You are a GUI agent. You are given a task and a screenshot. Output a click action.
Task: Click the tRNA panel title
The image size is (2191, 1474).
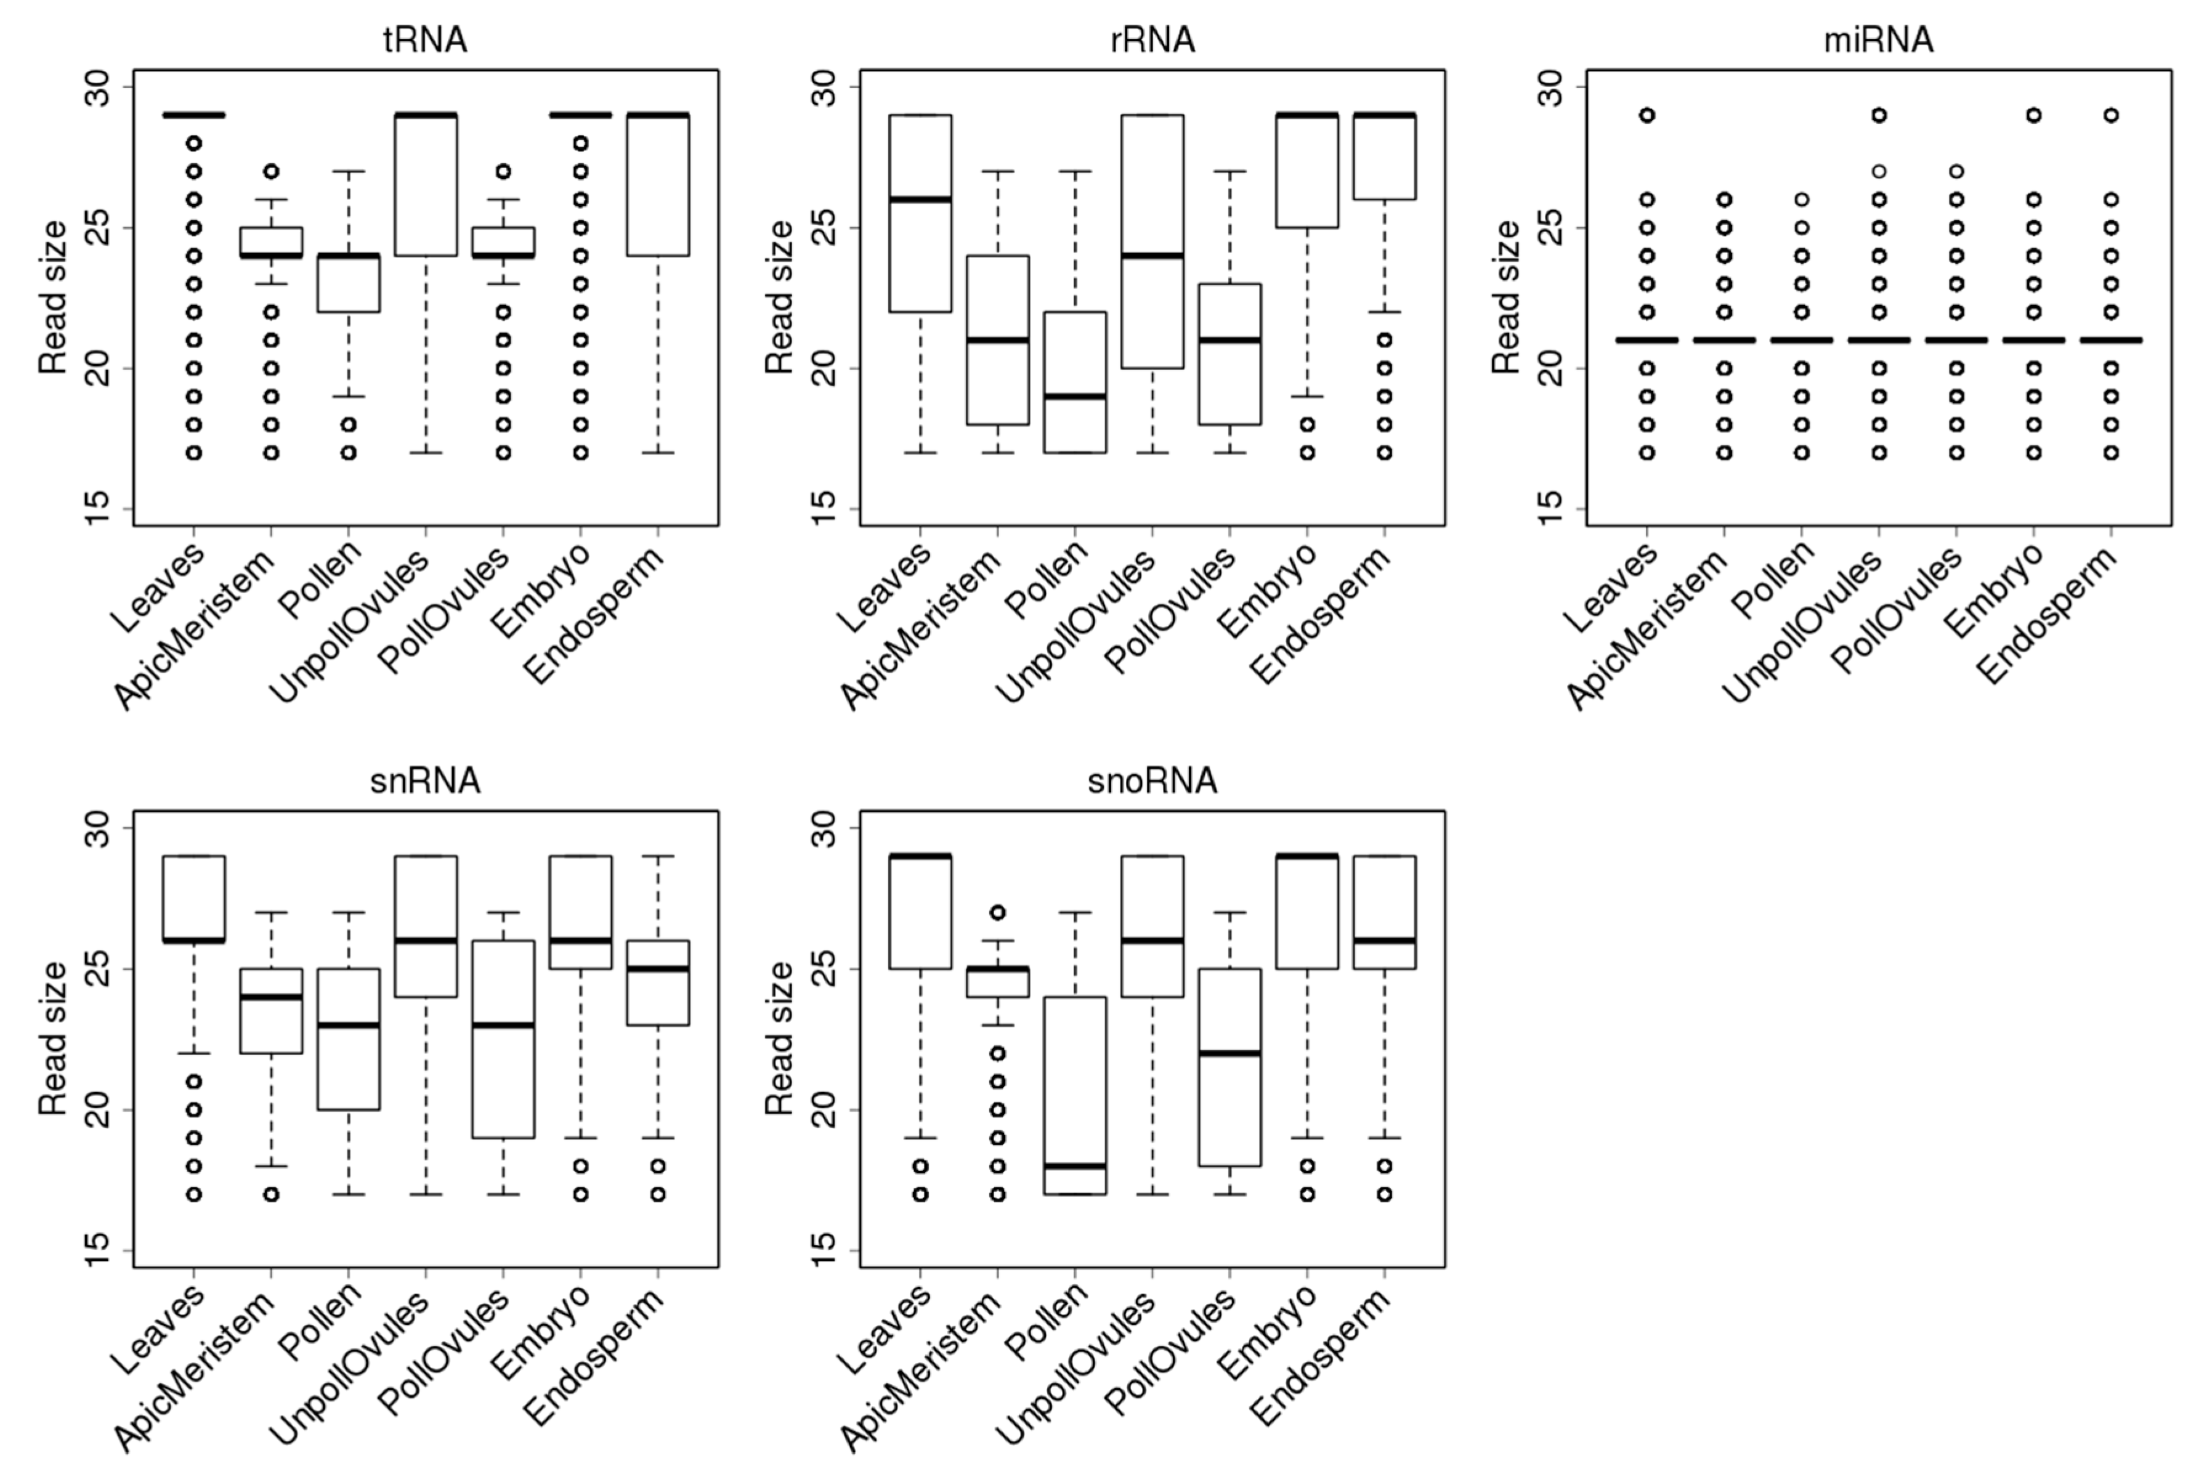pos(425,41)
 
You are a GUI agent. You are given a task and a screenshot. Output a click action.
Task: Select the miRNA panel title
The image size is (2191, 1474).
pos(1878,41)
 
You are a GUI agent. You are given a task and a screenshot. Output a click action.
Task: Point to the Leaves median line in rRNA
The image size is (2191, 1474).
pos(920,200)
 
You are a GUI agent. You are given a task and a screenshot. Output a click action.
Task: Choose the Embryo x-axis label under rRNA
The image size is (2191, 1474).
pos(1268,592)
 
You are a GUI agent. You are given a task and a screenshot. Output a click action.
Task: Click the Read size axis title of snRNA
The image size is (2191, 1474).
pos(54,1039)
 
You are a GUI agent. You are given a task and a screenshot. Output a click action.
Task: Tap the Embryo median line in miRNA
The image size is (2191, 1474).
pos(2033,340)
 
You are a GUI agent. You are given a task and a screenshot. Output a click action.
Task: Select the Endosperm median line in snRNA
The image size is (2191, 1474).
pos(658,969)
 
